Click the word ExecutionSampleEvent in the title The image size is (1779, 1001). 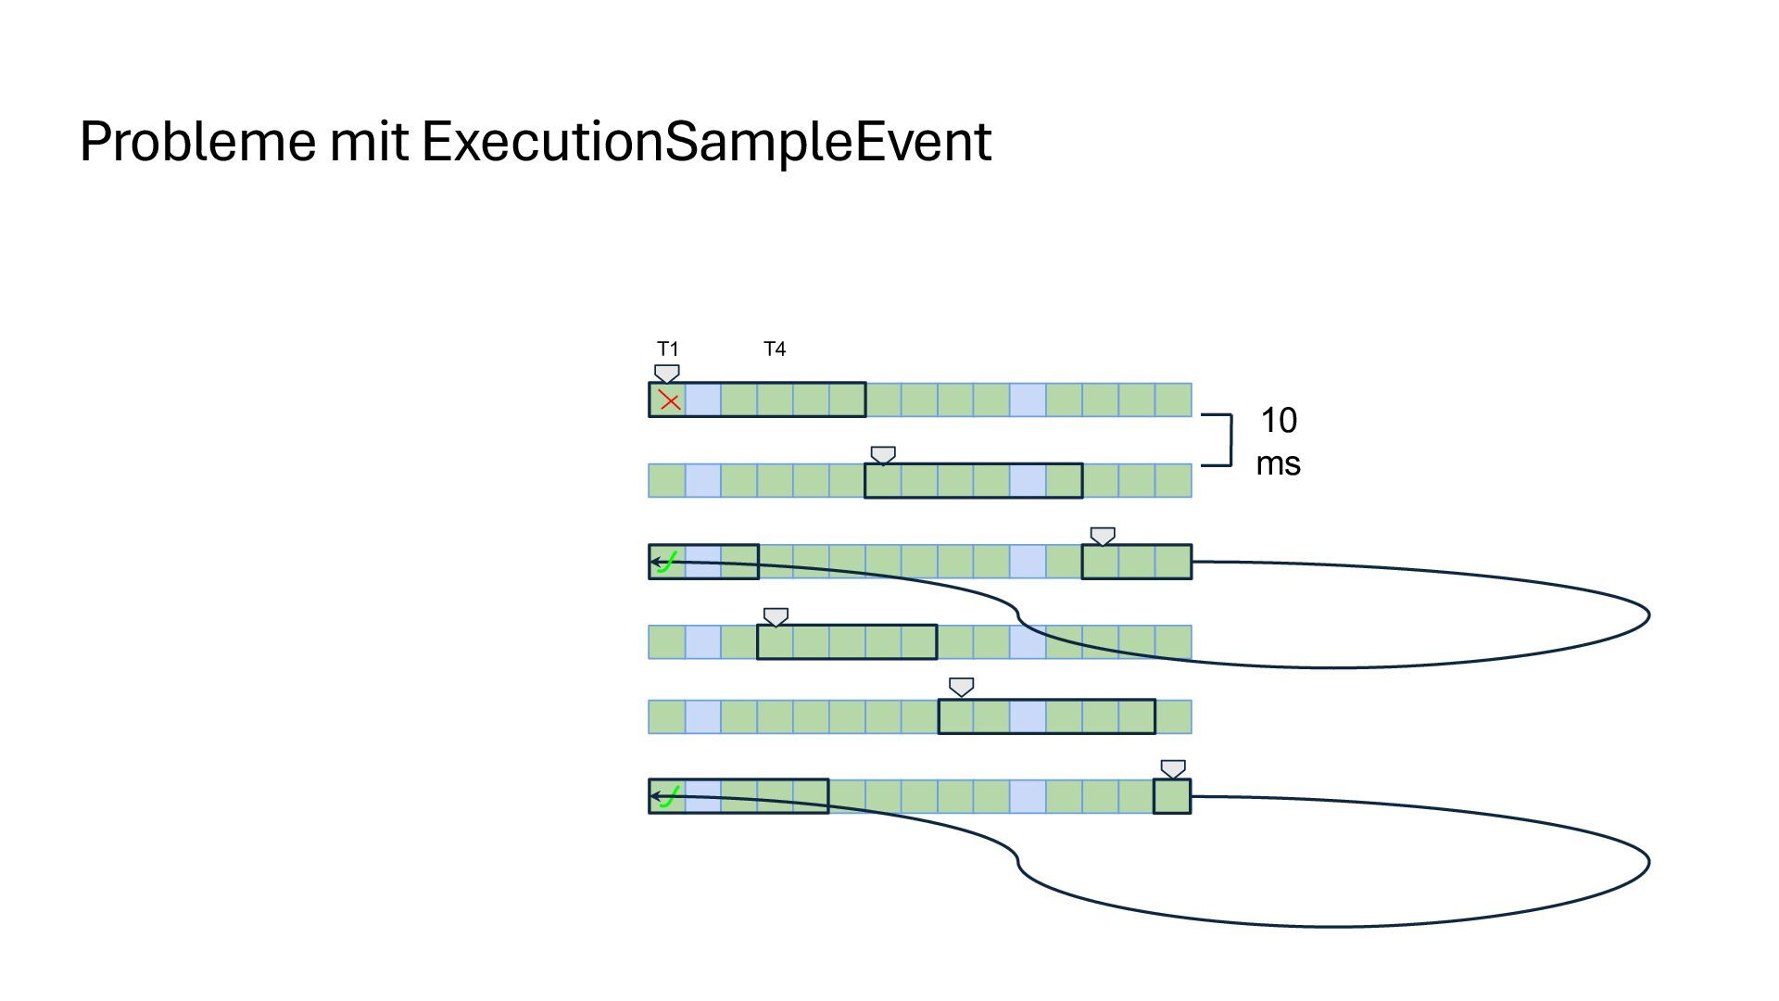pos(706,142)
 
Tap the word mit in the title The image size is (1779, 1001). pos(369,142)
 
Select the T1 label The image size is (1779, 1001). pos(668,349)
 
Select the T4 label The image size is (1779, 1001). pos(775,349)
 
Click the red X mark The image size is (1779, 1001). pos(669,401)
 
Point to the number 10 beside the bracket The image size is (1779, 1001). pos(1279,422)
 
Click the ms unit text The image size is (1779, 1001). pos(1279,463)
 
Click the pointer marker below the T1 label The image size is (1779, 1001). pos(667,374)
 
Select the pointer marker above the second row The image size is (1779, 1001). pos(883,455)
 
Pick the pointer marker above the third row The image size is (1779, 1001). pos(1103,536)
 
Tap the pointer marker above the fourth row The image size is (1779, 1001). pos(776,616)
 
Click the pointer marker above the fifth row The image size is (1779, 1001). pos(962,687)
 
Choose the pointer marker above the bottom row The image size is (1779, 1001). pos(1173,768)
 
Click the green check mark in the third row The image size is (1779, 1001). pos(668,562)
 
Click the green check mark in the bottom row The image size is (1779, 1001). pos(668,796)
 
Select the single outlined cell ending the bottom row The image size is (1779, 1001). pos(1172,796)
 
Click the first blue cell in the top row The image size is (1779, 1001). pos(703,400)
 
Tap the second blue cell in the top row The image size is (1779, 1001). pos(1028,400)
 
